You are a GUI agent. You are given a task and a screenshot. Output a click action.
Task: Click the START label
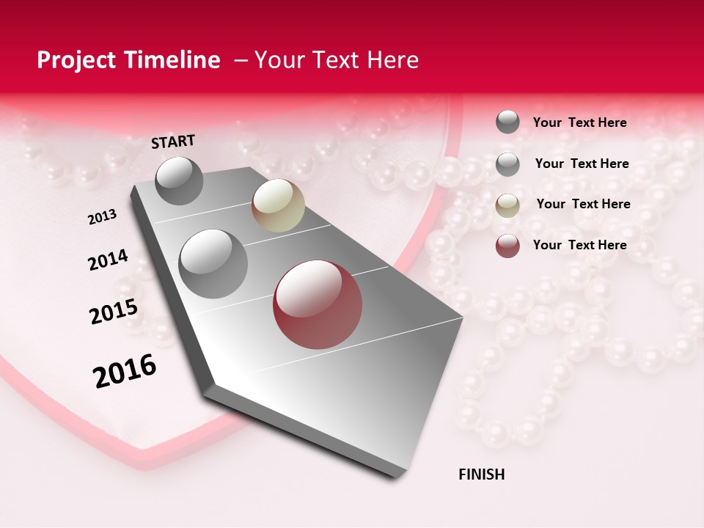click(x=173, y=142)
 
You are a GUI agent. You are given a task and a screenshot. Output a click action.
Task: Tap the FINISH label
click(x=481, y=474)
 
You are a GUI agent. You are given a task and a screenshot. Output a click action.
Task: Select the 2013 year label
click(x=103, y=217)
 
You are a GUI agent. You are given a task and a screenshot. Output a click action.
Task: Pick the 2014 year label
click(x=108, y=260)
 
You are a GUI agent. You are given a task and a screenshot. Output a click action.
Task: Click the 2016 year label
click(x=125, y=371)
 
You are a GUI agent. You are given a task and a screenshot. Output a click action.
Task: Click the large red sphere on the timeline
click(x=318, y=304)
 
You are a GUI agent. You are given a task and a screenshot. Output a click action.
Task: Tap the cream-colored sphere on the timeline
click(x=278, y=205)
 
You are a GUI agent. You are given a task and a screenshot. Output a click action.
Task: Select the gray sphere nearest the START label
click(x=179, y=180)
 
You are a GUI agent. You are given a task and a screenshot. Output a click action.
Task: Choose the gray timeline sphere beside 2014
click(x=213, y=263)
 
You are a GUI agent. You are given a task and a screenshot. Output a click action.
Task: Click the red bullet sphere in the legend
click(x=507, y=246)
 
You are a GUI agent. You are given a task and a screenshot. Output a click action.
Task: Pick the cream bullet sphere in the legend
click(x=507, y=205)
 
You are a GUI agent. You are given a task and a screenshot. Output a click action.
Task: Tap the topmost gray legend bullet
click(x=507, y=122)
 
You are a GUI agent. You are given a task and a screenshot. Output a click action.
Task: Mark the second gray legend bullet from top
click(x=507, y=164)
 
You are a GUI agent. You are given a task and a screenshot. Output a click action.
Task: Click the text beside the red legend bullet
click(x=579, y=245)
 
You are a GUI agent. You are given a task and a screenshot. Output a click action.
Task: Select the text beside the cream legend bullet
click(x=583, y=204)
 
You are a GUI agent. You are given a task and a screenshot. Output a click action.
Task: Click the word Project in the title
click(x=76, y=60)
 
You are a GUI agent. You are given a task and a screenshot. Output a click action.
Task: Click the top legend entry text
click(x=579, y=122)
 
